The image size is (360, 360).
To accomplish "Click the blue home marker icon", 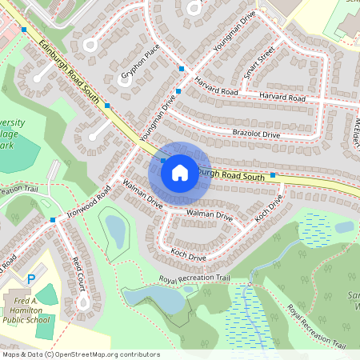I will [x=180, y=171].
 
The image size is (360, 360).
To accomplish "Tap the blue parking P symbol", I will [x=31, y=279].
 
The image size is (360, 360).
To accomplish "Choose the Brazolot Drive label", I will [x=256, y=134].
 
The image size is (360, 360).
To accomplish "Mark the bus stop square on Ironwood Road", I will [x=53, y=220].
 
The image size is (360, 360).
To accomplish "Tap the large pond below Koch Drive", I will [x=157, y=299].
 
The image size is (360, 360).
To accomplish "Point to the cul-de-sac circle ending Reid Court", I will [x=83, y=303].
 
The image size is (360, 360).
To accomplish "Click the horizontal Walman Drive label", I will [x=209, y=216].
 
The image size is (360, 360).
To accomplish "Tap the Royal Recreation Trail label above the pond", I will [x=194, y=279].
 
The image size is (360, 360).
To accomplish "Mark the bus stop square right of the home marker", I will [x=273, y=174].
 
